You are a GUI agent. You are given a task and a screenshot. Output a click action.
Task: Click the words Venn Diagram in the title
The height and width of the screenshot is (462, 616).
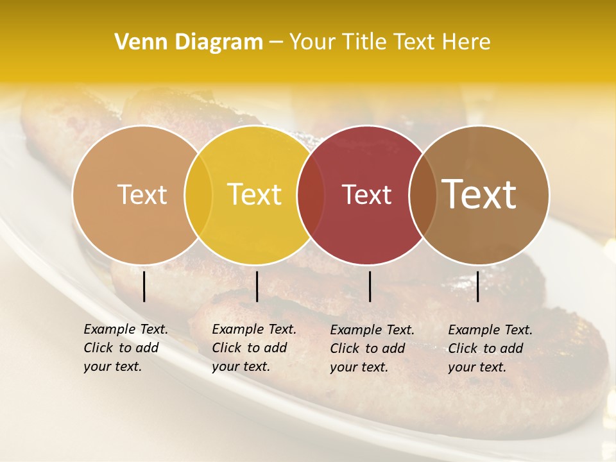click(189, 42)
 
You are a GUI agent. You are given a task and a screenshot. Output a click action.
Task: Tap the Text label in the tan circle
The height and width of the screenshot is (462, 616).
click(142, 195)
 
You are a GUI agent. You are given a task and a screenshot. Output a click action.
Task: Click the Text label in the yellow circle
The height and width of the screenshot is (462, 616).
click(255, 195)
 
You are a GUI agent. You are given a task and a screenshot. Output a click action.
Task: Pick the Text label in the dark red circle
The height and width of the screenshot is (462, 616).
click(367, 195)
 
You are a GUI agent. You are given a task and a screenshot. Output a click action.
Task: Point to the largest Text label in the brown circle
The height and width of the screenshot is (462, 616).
click(479, 194)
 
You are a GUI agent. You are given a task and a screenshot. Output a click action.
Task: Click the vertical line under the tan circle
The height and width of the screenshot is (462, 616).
click(144, 286)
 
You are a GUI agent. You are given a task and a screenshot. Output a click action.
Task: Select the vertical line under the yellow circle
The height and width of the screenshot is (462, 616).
click(257, 286)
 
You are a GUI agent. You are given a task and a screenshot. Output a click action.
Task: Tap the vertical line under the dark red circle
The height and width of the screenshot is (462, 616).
click(370, 286)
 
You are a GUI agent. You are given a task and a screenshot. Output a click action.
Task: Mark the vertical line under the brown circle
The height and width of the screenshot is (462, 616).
click(477, 286)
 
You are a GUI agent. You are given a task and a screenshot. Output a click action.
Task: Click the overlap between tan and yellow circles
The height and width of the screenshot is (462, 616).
click(198, 195)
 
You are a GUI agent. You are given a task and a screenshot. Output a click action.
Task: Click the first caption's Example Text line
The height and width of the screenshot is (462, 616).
click(126, 329)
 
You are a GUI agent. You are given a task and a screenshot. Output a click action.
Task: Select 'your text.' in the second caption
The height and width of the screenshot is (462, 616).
click(241, 366)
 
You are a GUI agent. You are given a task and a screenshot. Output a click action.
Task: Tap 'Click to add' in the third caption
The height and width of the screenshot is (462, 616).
click(368, 348)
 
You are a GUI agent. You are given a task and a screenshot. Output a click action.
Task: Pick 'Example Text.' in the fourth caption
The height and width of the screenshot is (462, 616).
click(490, 330)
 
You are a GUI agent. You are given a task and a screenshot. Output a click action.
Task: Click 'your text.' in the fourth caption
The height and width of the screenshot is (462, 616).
click(477, 367)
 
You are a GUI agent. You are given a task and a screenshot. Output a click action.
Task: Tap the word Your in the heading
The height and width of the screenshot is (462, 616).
click(313, 42)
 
